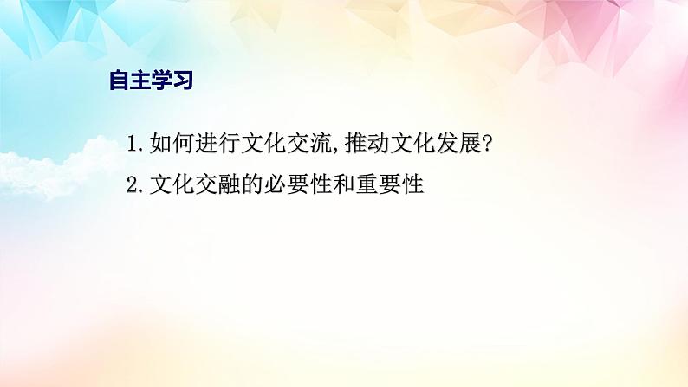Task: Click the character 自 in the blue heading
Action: [x=119, y=80]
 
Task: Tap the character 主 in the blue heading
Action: [x=140, y=80]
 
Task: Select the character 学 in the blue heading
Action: [x=161, y=80]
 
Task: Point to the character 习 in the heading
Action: [x=183, y=80]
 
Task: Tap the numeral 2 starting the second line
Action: [x=133, y=184]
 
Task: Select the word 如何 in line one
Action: [x=172, y=143]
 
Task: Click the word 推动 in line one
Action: [x=367, y=143]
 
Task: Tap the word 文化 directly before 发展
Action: [x=412, y=143]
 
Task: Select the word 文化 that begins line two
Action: [x=172, y=184]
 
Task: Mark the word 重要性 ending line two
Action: [x=389, y=184]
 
